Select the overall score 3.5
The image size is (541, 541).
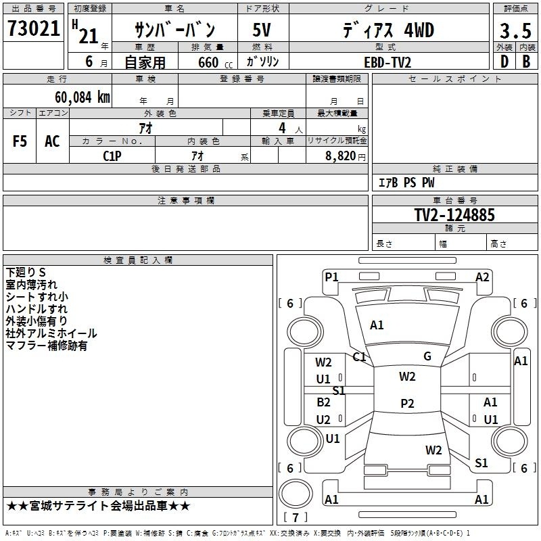(x=513, y=32)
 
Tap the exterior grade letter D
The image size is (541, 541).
(x=503, y=61)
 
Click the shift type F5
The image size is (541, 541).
(x=20, y=141)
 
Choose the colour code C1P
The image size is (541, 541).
(x=112, y=155)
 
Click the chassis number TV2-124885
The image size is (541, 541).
(x=454, y=216)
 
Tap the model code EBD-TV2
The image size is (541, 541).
(x=387, y=62)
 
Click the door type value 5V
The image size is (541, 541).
(x=262, y=31)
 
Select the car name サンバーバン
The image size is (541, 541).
(x=175, y=30)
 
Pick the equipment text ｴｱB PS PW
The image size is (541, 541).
(x=406, y=183)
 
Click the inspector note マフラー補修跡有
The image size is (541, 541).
(x=46, y=346)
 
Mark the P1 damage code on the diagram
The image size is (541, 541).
(x=331, y=277)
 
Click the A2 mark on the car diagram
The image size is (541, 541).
(x=482, y=277)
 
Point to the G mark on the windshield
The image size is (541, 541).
(x=427, y=356)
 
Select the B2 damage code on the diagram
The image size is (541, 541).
(x=324, y=402)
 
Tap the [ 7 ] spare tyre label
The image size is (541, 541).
(x=295, y=517)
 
